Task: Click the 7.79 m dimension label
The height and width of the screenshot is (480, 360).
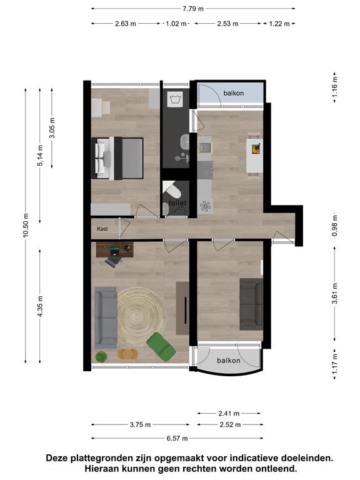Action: (x=193, y=9)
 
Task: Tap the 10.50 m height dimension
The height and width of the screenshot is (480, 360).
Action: (x=26, y=225)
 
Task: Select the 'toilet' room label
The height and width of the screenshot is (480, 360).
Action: (x=177, y=202)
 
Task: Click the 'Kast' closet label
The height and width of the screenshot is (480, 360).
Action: (x=102, y=229)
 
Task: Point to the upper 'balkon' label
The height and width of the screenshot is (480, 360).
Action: (x=234, y=93)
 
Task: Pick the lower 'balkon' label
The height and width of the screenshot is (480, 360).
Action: (x=228, y=361)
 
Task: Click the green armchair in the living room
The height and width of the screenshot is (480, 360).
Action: (x=161, y=347)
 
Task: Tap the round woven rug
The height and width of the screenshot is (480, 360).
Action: (x=142, y=316)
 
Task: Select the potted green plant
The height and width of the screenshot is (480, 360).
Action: (x=101, y=357)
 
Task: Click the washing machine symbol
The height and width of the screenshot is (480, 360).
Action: (x=176, y=99)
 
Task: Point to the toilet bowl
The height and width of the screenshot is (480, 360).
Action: (x=172, y=190)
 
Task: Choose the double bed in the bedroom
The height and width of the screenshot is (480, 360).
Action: (x=117, y=158)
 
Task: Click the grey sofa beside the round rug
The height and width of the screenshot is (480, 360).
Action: (x=106, y=317)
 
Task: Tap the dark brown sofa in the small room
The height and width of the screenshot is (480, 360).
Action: (x=251, y=304)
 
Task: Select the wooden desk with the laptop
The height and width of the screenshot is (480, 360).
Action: (x=115, y=250)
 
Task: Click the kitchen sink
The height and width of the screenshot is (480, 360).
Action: (x=205, y=148)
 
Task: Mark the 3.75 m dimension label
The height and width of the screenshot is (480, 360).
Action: (x=140, y=424)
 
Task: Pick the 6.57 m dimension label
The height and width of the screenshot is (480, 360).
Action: (x=177, y=438)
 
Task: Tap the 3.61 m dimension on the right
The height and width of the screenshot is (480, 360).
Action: (x=335, y=294)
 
